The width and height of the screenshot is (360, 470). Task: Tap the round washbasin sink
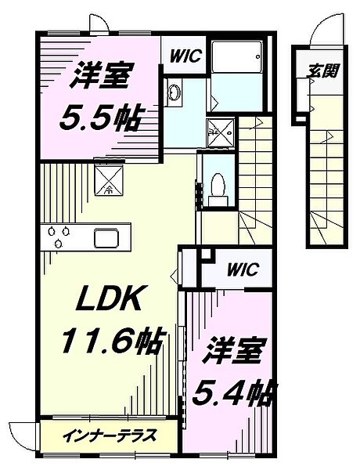click(174, 91)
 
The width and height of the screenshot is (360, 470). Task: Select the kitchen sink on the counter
click(106, 237)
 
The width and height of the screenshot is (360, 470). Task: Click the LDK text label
click(110, 298)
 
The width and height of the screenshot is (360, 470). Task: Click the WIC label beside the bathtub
click(185, 56)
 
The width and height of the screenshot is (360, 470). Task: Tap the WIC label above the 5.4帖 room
click(243, 269)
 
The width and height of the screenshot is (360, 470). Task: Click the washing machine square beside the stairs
click(221, 132)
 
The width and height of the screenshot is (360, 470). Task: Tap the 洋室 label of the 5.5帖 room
click(99, 76)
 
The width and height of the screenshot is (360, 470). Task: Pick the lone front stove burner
click(59, 244)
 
